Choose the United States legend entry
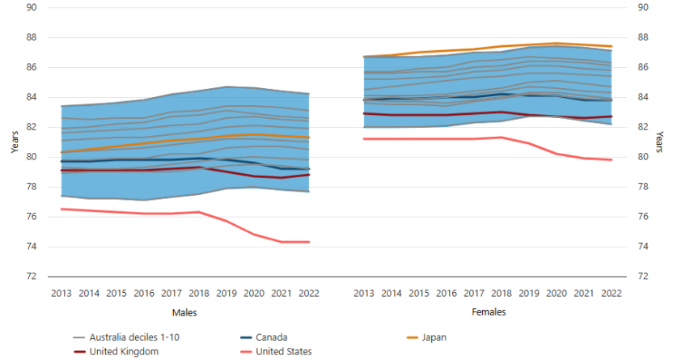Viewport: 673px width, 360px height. click(285, 352)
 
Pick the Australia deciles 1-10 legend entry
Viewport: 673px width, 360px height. click(128, 337)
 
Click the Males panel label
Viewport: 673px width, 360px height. click(184, 311)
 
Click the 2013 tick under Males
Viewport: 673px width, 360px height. click(61, 292)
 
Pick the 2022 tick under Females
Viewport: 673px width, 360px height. click(611, 292)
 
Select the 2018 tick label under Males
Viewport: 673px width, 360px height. click(199, 292)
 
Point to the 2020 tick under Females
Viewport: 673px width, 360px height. click(556, 292)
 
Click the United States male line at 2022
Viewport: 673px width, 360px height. click(309, 242)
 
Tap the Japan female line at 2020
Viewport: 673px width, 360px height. click(556, 44)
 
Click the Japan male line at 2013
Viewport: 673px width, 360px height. click(61, 152)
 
